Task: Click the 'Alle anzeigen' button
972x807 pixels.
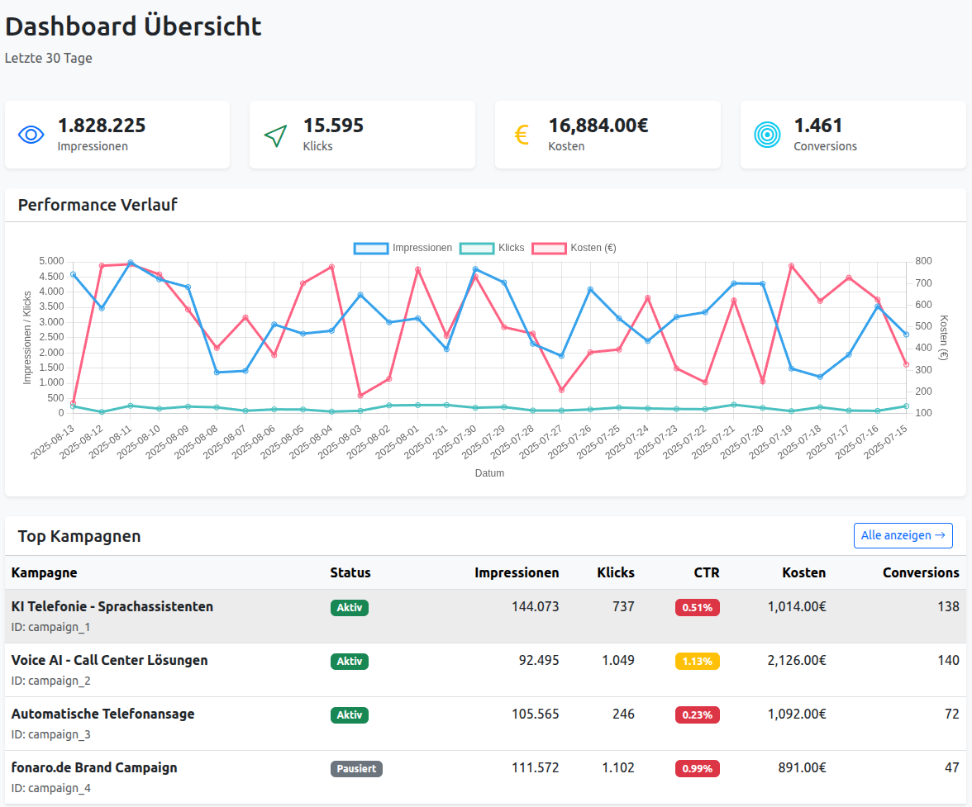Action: click(x=903, y=535)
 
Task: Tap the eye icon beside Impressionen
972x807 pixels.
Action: click(x=31, y=135)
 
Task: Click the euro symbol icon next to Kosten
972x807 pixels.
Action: click(x=522, y=135)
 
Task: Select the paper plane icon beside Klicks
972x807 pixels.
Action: click(x=276, y=135)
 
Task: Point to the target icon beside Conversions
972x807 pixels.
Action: click(x=767, y=135)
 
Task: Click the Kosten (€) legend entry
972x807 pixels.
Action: click(x=574, y=248)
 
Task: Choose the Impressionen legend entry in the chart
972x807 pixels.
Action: click(x=403, y=248)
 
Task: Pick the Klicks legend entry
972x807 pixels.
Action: click(x=492, y=248)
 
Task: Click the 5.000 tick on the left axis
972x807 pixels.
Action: click(x=50, y=261)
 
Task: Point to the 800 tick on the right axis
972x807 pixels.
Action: click(x=923, y=261)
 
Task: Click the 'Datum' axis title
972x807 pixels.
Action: click(x=489, y=473)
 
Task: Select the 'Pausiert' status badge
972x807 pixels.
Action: click(x=356, y=768)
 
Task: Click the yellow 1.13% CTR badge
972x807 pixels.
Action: click(x=697, y=661)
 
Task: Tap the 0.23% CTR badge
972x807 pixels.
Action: click(x=697, y=714)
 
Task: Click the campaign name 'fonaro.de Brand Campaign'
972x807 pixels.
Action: click(x=94, y=767)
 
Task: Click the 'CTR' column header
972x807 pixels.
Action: click(x=707, y=572)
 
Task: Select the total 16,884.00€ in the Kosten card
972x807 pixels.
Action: click(x=598, y=126)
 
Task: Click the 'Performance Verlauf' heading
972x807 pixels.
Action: click(x=98, y=205)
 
